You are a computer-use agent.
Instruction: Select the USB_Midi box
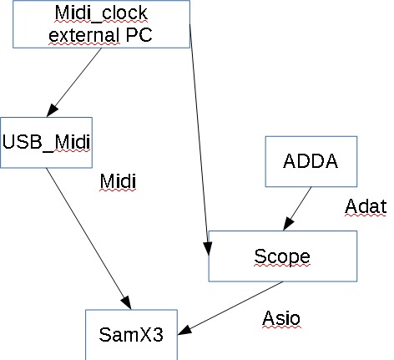click(x=46, y=139)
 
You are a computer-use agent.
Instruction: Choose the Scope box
click(x=281, y=255)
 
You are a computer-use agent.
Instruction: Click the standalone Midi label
click(x=117, y=183)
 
